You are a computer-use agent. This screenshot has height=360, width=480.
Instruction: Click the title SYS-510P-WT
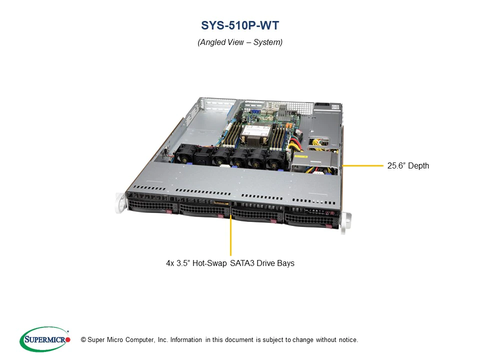(x=240, y=25)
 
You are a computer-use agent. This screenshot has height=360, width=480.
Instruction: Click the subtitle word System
(x=267, y=42)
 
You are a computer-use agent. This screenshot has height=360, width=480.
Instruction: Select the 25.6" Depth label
(x=408, y=165)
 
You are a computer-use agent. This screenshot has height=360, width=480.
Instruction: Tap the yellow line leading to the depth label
(x=363, y=165)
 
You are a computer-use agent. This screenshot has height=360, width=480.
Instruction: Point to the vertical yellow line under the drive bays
(x=230, y=235)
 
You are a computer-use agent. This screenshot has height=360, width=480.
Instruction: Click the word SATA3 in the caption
(x=242, y=263)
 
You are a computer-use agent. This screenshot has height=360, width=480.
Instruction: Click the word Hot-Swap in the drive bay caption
(x=209, y=263)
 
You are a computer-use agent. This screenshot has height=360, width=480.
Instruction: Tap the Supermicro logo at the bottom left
(x=45, y=339)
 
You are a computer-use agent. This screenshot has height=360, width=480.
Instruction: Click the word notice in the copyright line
(x=348, y=340)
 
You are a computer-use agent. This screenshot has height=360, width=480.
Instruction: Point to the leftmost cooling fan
(x=183, y=154)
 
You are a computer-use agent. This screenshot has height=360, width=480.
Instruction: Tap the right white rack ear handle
(x=346, y=222)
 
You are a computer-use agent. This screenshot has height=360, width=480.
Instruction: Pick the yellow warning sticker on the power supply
(x=301, y=156)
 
